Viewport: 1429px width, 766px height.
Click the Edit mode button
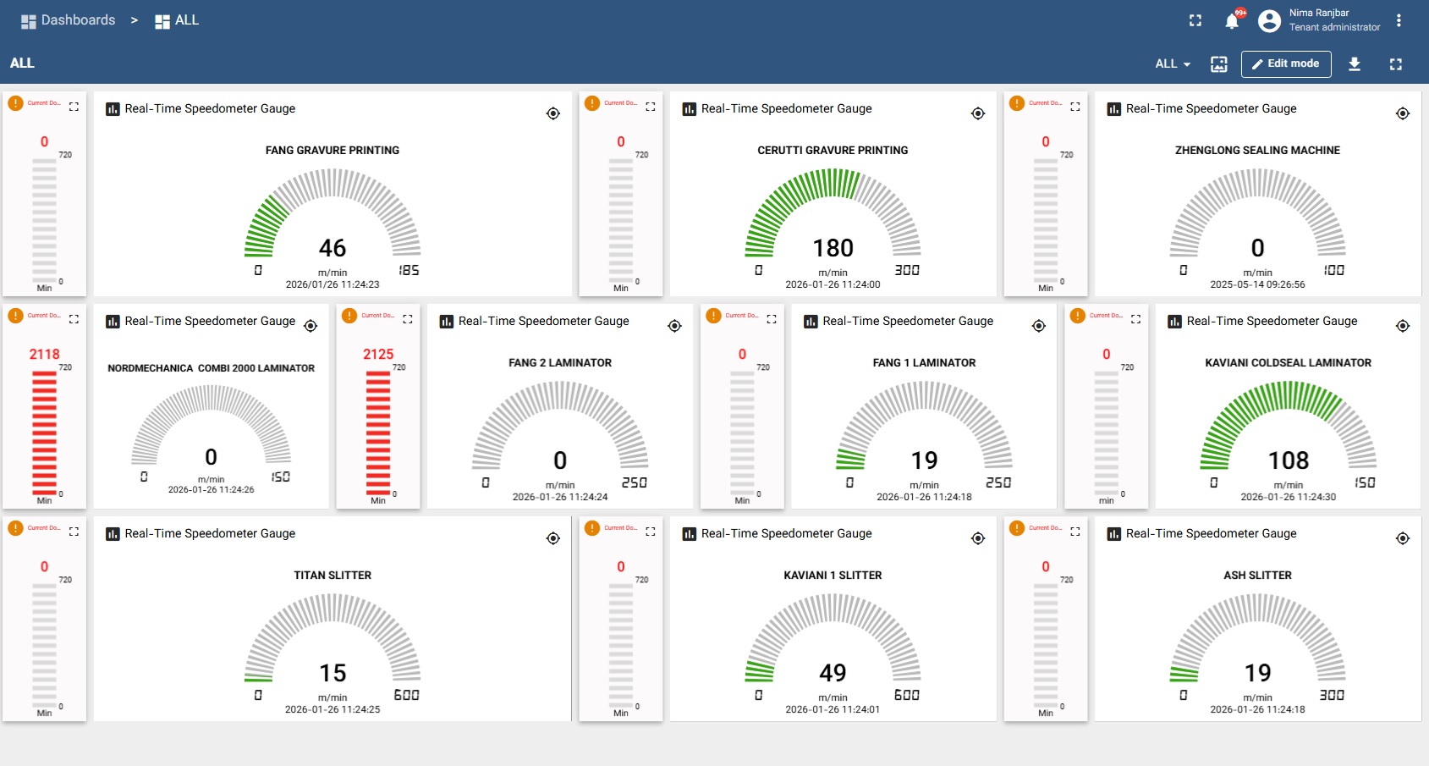pos(1285,63)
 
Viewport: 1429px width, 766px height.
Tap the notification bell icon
pos(1232,22)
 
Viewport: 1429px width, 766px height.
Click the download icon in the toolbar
pos(1354,63)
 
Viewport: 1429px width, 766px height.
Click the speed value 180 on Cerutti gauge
pos(833,248)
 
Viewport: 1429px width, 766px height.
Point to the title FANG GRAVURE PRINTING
pos(333,151)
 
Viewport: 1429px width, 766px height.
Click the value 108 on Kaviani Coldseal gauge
pos(1288,460)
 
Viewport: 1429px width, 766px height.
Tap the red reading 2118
pos(44,355)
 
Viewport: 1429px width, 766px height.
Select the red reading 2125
pos(378,355)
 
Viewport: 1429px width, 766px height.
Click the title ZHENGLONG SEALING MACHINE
pos(1257,151)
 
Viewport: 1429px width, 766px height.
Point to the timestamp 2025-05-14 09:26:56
pos(1257,284)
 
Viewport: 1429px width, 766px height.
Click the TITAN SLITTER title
pos(333,576)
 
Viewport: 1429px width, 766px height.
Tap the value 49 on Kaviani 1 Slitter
pos(833,673)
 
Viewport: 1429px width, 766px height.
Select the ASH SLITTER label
pos(1257,576)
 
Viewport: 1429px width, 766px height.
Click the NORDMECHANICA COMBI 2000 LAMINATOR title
pos(211,368)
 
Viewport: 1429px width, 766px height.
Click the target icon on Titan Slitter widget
pos(553,538)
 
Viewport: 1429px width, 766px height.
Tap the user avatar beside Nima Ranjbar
pos(1269,21)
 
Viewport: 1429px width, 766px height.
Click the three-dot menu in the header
pos(1399,20)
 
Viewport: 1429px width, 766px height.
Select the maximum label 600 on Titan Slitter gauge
pos(406,695)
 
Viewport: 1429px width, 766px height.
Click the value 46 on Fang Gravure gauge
pos(333,248)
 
